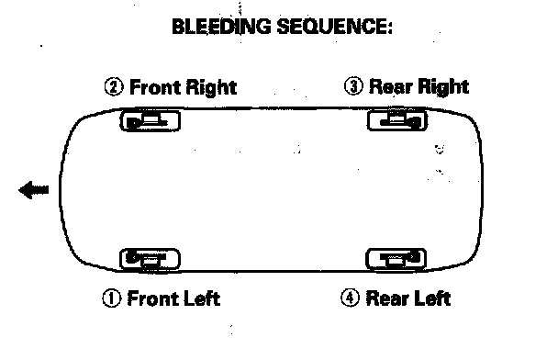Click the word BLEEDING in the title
click(x=221, y=27)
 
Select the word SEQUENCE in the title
click(x=331, y=27)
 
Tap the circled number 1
click(x=111, y=298)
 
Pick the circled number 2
click(x=114, y=87)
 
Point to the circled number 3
click(x=353, y=86)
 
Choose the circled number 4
click(x=351, y=298)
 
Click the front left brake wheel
click(x=150, y=259)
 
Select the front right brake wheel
click(x=151, y=120)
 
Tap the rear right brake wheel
click(x=397, y=119)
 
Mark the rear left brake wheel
click(x=396, y=259)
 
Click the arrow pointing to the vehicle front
click(x=34, y=189)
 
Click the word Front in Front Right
click(x=155, y=87)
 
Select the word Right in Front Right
click(x=211, y=88)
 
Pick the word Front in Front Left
click(x=153, y=298)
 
